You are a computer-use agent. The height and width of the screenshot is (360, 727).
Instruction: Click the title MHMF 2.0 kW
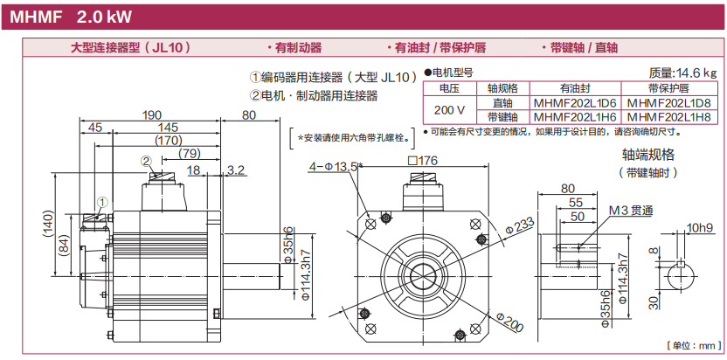pos(71,17)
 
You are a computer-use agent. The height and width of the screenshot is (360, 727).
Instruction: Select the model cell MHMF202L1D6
pos(575,102)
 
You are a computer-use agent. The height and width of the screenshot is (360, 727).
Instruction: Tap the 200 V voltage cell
pos(449,110)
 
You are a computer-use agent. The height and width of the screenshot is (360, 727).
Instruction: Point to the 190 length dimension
pos(152,115)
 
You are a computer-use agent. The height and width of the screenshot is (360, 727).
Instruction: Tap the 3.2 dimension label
pos(236,170)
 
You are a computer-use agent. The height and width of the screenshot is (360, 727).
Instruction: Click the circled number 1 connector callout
pos(102,202)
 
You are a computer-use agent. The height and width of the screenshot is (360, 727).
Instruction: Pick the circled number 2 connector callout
pos(147,162)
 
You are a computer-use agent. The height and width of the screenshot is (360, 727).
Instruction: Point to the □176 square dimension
pos(422,161)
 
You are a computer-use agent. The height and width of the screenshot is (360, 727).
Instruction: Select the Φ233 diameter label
pos(520,226)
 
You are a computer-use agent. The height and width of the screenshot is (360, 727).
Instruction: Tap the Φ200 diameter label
pos(509,322)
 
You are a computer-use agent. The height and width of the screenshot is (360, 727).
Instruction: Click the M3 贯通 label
pos(631,211)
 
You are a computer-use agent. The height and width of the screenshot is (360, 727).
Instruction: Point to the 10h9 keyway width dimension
pos(700,228)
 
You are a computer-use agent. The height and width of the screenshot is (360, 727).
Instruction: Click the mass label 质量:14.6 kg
pos(682,73)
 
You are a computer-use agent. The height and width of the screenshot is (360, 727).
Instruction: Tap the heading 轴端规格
pos(647,155)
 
